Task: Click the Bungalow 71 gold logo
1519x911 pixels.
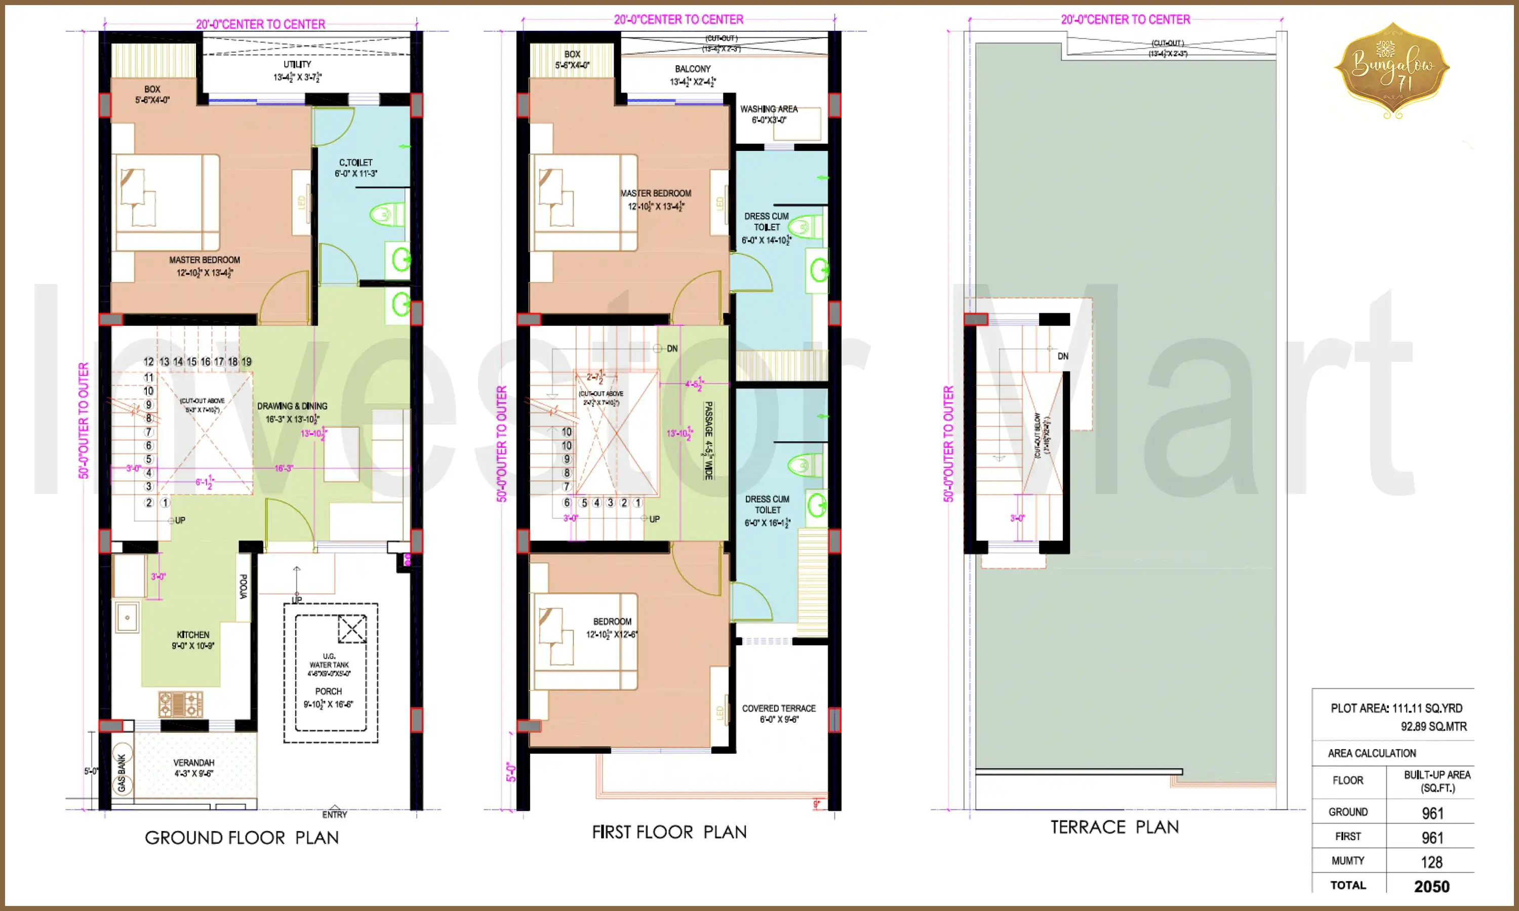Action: (x=1392, y=69)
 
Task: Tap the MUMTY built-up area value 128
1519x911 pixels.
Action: (x=1431, y=862)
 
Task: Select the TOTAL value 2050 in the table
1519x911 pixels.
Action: (x=1431, y=886)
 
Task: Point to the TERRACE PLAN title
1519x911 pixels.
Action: (x=1114, y=827)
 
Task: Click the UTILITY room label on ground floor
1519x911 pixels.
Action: (x=297, y=64)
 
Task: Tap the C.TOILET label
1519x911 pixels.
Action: (x=356, y=162)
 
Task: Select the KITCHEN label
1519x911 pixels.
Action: (x=193, y=635)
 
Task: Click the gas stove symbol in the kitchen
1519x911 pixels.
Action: (x=181, y=703)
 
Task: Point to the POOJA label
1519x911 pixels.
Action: (x=243, y=586)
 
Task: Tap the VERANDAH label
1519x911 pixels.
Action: (x=193, y=762)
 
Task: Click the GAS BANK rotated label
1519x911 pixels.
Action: (x=122, y=773)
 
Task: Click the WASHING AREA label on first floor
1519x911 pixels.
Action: (x=769, y=109)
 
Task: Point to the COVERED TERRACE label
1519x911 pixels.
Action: (x=779, y=709)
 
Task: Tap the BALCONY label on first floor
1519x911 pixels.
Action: (x=693, y=69)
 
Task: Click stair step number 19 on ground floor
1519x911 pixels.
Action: (x=246, y=361)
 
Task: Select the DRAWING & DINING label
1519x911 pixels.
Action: (x=292, y=406)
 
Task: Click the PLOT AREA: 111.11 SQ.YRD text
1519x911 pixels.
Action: (x=1396, y=709)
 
